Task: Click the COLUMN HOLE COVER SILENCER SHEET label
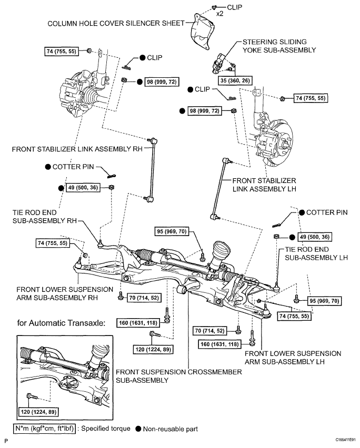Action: coord(115,23)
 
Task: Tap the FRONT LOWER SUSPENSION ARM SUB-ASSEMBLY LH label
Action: coord(293,357)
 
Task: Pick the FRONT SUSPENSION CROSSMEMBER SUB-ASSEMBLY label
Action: coord(179,375)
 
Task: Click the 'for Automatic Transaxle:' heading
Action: coord(60,323)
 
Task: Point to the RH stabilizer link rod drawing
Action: coord(149,168)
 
